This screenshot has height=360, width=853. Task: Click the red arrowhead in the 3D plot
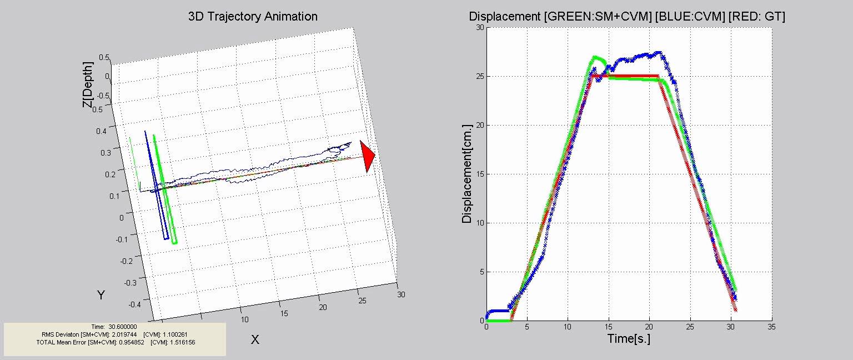tap(367, 156)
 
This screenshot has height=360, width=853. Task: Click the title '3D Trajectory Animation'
tap(253, 16)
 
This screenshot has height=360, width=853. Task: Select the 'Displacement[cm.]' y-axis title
tap(467, 173)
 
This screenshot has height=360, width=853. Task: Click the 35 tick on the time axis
tap(772, 328)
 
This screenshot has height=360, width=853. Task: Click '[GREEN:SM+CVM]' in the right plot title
tap(598, 17)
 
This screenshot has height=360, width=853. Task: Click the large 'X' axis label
tap(255, 339)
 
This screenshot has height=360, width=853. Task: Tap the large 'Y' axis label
tap(101, 295)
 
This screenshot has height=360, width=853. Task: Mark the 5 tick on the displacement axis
tap(481, 272)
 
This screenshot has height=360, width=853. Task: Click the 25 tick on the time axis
tap(690, 328)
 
